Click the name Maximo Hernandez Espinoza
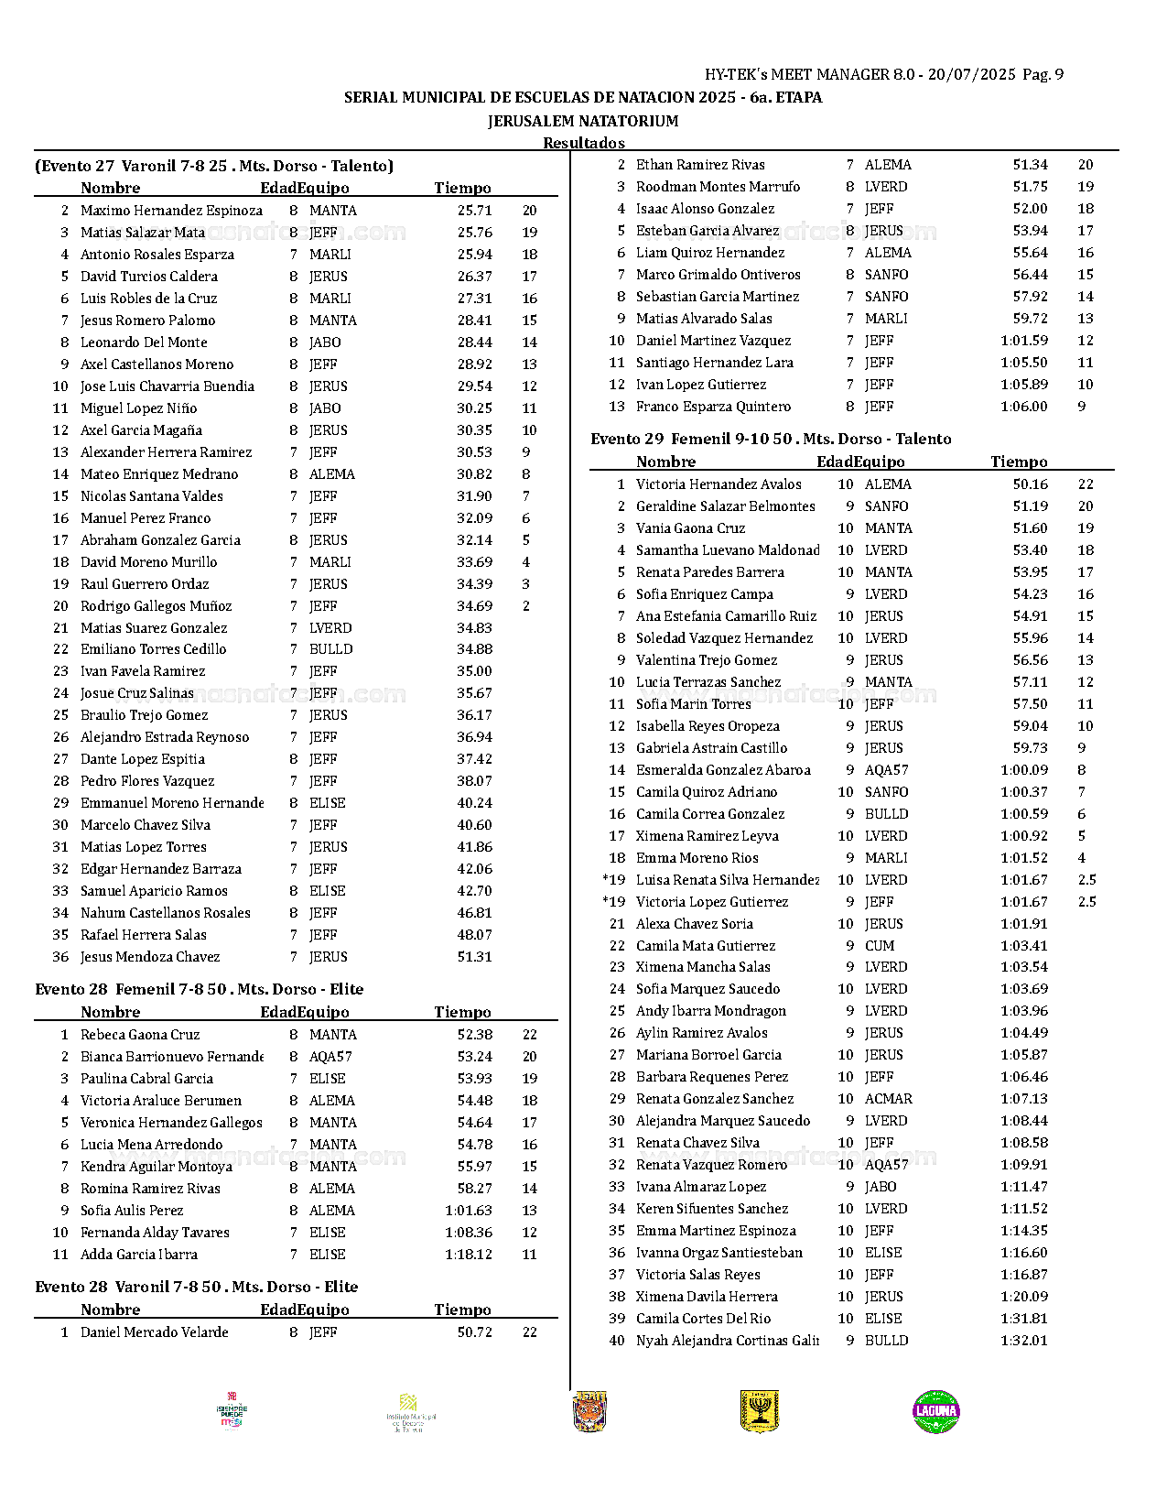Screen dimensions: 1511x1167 coord(171,211)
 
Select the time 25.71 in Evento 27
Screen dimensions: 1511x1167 coord(474,211)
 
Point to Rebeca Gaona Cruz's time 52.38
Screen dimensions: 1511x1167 coord(474,1035)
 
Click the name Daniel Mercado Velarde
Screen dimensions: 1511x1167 coord(154,1332)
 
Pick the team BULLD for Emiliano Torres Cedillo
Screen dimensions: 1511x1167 coord(330,649)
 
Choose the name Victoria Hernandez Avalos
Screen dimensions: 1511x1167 coord(719,484)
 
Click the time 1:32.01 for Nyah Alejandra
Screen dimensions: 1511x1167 coord(1023,1341)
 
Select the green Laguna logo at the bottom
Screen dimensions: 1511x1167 coord(935,1411)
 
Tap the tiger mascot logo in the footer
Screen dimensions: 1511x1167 coord(589,1411)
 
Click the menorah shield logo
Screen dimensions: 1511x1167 coord(759,1411)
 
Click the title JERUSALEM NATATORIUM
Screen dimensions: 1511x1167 coord(583,121)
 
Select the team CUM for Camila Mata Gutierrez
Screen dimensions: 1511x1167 coord(880,946)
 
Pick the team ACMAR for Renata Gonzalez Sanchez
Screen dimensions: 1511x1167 coord(888,1099)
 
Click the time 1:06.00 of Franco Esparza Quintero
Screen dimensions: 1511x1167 coord(1023,407)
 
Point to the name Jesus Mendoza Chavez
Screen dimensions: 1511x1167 coord(150,957)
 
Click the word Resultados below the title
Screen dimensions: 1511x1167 coord(583,143)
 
